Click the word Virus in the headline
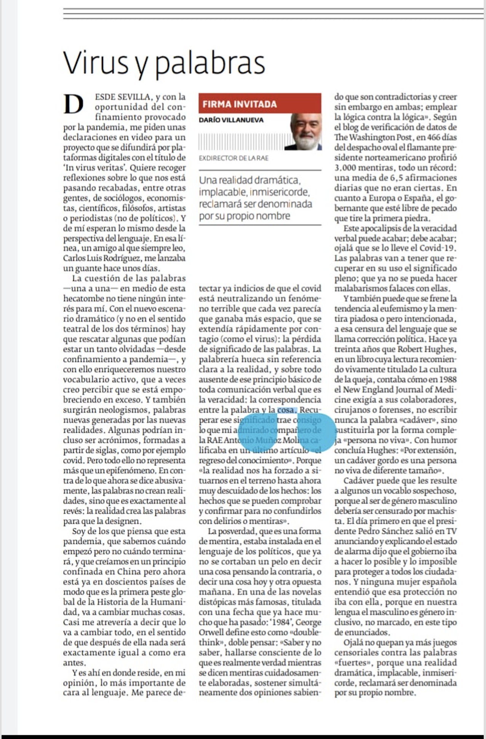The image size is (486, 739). pyautogui.click(x=96, y=63)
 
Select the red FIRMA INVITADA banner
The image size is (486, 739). pyautogui.click(x=260, y=104)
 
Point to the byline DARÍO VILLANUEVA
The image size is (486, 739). pyautogui.click(x=231, y=120)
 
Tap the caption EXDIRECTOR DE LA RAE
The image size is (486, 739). pyautogui.click(x=233, y=158)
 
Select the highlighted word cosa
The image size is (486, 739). pyautogui.click(x=286, y=410)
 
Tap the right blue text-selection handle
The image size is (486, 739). pyautogui.click(x=315, y=432)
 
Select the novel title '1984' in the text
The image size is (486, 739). pyautogui.click(x=281, y=623)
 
